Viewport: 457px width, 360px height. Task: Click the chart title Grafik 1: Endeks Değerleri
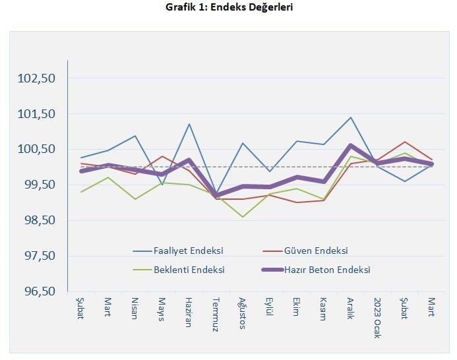point(229,8)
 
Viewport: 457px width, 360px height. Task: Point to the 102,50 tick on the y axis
point(37,78)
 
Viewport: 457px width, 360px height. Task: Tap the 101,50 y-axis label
point(37,114)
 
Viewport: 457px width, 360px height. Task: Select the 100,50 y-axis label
point(37,150)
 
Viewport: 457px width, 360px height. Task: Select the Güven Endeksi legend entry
point(315,251)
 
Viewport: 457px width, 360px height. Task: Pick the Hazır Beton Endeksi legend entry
point(326,270)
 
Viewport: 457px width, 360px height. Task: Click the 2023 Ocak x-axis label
point(378,317)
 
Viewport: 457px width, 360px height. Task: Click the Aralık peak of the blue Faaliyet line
point(351,117)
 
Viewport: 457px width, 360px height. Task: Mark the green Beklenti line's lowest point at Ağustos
point(243,217)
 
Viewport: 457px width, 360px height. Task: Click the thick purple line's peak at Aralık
point(351,146)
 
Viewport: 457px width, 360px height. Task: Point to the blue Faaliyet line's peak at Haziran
point(189,124)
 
